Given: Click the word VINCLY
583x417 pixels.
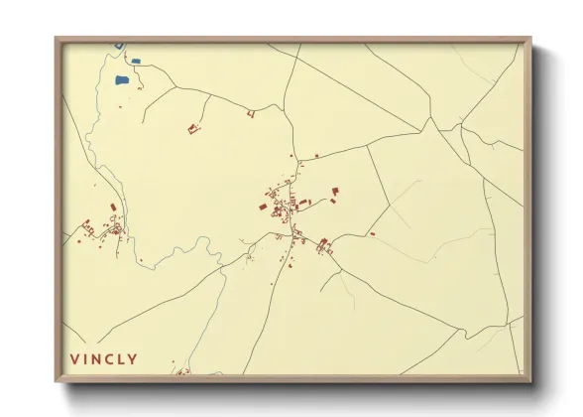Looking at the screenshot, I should (103, 358).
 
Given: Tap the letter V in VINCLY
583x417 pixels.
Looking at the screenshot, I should (73, 358).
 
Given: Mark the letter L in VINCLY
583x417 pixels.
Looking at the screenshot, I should (121, 358).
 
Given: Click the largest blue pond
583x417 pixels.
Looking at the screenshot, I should (122, 79).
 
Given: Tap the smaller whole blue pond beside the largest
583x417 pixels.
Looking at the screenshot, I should (136, 62).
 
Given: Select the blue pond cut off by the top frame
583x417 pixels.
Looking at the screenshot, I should (118, 45).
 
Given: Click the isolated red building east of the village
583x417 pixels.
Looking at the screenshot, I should (372, 234).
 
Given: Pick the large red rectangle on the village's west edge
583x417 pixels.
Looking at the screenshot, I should (263, 207).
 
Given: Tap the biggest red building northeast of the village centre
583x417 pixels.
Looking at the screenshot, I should (335, 190).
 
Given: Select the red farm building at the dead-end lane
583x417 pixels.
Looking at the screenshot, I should (193, 128).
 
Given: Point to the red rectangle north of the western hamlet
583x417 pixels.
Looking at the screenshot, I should (113, 207).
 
